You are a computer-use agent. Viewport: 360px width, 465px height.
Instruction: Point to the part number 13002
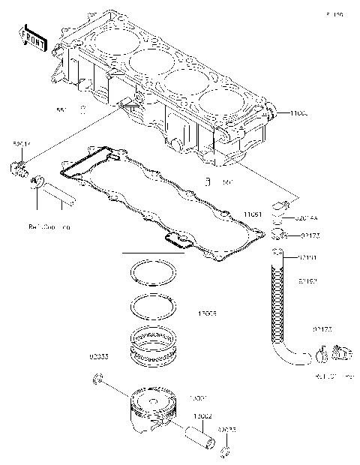click(202, 415)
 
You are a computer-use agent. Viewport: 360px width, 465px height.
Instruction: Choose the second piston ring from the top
click(153, 306)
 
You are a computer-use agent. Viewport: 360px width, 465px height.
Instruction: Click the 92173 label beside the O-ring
click(310, 235)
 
